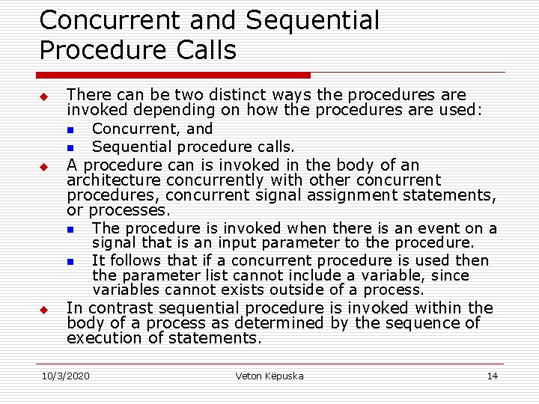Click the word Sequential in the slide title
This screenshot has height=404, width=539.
[x=312, y=21]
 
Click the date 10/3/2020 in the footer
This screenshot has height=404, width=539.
[x=66, y=376]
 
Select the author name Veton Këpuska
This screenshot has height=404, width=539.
[x=269, y=376]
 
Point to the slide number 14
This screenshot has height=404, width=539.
[x=492, y=376]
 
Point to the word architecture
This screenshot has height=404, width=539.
[x=114, y=180]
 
